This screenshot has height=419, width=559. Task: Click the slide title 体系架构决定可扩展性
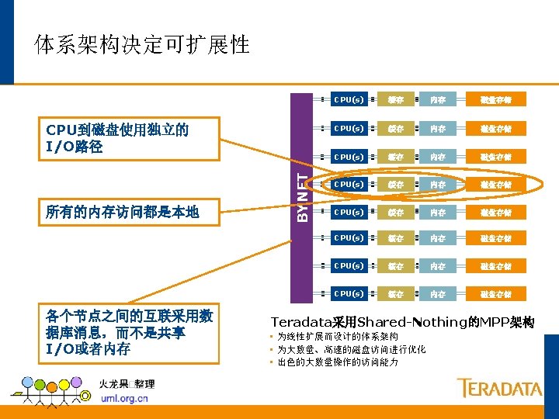(142, 44)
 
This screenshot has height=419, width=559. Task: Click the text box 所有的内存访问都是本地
(122, 211)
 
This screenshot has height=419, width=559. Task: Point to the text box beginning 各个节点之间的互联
(129, 333)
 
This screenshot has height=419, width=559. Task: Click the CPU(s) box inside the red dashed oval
(349, 185)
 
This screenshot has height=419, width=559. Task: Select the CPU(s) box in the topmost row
(349, 99)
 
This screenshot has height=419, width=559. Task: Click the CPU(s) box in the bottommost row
(349, 294)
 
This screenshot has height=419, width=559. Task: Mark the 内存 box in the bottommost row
(438, 294)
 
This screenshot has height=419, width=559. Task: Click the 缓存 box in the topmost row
(396, 99)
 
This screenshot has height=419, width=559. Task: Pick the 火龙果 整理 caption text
(127, 383)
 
